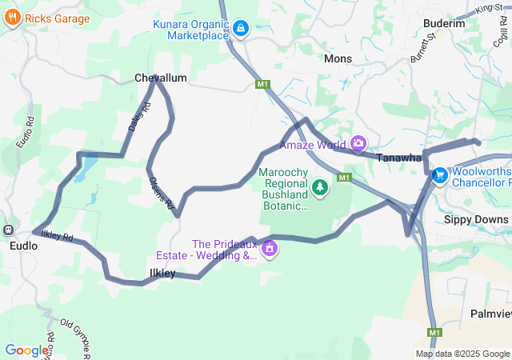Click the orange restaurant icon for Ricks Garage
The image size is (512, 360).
pos(12,19)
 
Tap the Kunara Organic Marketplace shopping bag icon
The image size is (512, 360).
pos(240,30)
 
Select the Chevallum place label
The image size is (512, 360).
pos(160,78)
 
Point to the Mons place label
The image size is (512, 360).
pos(338,58)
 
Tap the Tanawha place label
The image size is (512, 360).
pos(399,158)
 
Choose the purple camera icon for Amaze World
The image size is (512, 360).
pos(358,144)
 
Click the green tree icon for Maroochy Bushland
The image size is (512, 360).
pos(320,187)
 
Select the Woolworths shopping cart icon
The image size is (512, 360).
pos(439,175)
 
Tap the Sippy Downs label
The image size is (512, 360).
pos(476,219)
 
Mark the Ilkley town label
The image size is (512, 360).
pos(162,274)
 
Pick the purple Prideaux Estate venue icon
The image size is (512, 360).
pos(270,248)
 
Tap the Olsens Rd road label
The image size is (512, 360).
pos(162,194)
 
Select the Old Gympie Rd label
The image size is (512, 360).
pos(78,337)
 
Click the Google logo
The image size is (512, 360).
pos(26,350)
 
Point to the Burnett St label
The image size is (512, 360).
pos(421,49)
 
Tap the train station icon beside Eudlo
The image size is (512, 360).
pos(8,230)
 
